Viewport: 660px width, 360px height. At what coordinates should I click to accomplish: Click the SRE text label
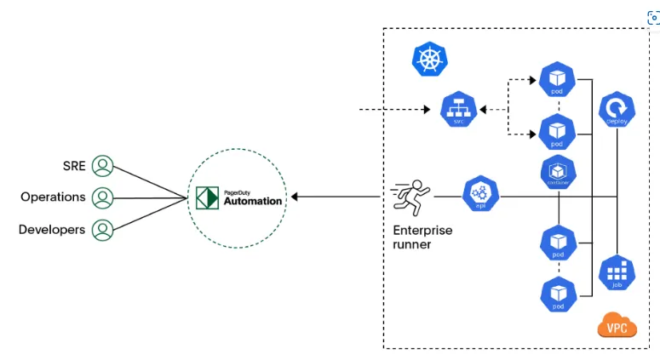click(x=75, y=165)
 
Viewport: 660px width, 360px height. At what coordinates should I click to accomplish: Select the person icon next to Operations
click(x=103, y=197)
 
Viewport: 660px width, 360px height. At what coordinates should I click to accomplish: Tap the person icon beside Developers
click(x=103, y=229)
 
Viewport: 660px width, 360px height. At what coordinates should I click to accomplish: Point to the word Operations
click(x=53, y=197)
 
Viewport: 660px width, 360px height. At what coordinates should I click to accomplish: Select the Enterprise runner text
click(x=422, y=237)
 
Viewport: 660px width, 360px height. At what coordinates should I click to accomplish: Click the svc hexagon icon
click(x=457, y=111)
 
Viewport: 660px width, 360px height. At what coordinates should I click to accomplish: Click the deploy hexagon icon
click(x=617, y=110)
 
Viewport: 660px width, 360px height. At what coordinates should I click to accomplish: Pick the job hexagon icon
click(x=617, y=272)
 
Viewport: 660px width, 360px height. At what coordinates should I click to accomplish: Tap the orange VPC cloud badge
click(x=617, y=326)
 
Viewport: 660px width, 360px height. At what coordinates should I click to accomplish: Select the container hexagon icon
click(x=557, y=172)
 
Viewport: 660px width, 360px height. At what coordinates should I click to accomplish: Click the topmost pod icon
click(x=557, y=80)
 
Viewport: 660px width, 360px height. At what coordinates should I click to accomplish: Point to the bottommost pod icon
click(x=557, y=294)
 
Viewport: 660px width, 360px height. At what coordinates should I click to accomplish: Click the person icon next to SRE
click(x=103, y=165)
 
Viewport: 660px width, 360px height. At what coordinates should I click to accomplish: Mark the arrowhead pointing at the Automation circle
click(x=295, y=197)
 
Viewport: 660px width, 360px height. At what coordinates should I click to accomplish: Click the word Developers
click(x=52, y=230)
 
